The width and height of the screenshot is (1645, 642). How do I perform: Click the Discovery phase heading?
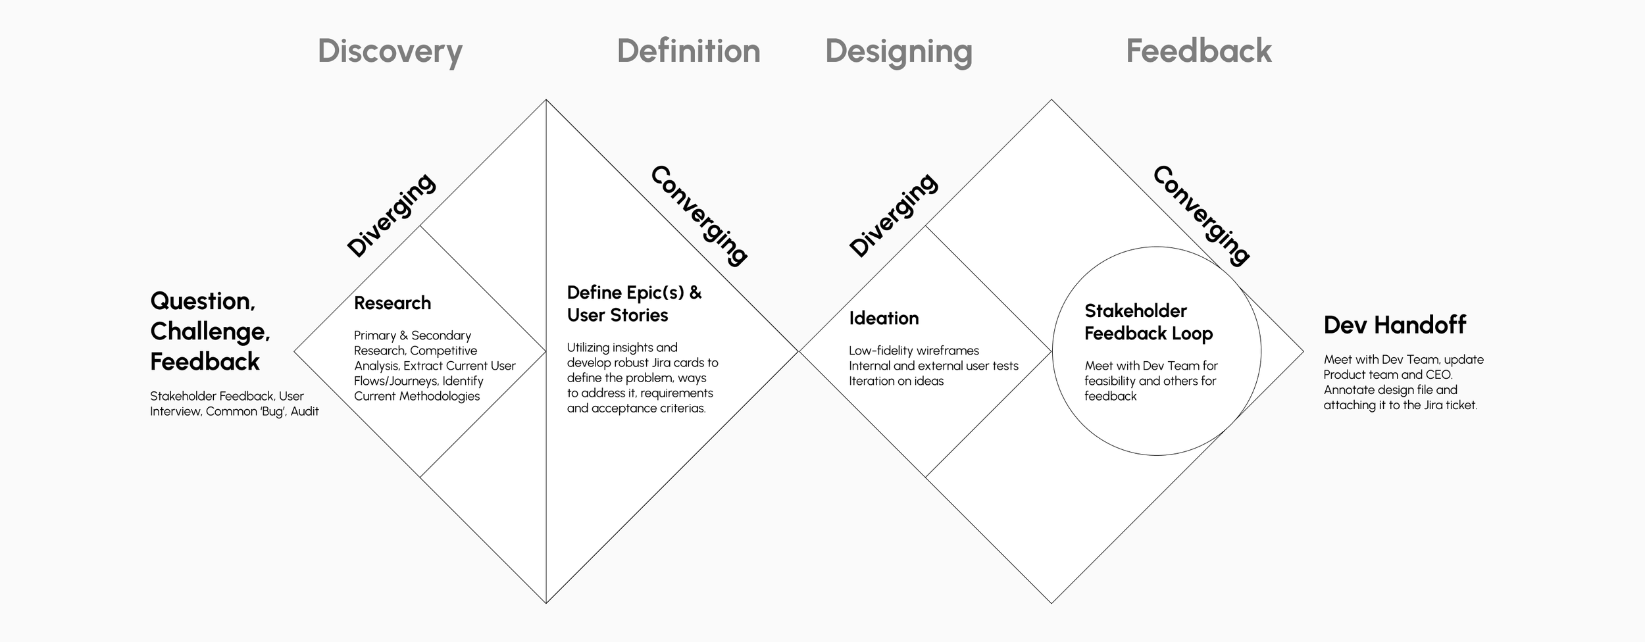[390, 51]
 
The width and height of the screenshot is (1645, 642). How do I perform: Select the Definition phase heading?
[688, 51]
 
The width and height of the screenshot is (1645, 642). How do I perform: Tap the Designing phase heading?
[898, 51]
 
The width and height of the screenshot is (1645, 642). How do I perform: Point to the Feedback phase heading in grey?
[1198, 51]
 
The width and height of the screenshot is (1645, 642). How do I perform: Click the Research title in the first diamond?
[392, 303]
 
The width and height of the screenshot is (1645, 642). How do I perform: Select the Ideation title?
[884, 318]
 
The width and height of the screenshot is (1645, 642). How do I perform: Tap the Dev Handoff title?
[1394, 325]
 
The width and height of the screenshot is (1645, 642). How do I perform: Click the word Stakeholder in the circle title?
[1135, 311]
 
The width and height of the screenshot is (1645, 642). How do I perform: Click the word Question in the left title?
[202, 301]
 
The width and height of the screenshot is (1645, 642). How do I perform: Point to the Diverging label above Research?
[391, 215]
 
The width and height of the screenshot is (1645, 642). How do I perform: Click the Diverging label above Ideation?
[893, 215]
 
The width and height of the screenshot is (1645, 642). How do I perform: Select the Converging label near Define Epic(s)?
[699, 215]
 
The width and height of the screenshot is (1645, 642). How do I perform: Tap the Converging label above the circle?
[1202, 215]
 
